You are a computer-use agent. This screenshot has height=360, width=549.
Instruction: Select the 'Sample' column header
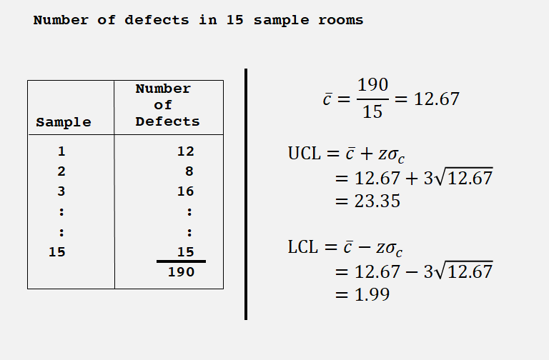pos(64,122)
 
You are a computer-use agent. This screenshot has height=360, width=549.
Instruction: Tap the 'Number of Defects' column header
pos(167,105)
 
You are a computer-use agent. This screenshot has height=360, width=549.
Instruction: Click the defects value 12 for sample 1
pos(186,151)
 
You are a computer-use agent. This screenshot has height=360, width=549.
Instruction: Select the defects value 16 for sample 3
pos(186,191)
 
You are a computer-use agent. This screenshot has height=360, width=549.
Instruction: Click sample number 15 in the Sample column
pos(56,251)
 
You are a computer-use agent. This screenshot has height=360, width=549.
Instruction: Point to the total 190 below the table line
pos(181,272)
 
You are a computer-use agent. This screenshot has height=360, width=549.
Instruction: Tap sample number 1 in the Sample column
pos(61,151)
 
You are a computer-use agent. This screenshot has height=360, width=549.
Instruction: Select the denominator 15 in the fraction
pos(372,112)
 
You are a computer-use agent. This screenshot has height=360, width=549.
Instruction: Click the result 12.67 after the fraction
pos(437,99)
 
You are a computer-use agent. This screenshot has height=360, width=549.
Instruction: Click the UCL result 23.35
pos(377,201)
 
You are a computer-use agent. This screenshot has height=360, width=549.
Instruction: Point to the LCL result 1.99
pos(372,294)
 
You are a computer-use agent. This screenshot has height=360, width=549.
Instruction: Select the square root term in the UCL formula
pos(465,177)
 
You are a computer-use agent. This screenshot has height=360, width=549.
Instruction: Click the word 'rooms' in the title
pos(340,20)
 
